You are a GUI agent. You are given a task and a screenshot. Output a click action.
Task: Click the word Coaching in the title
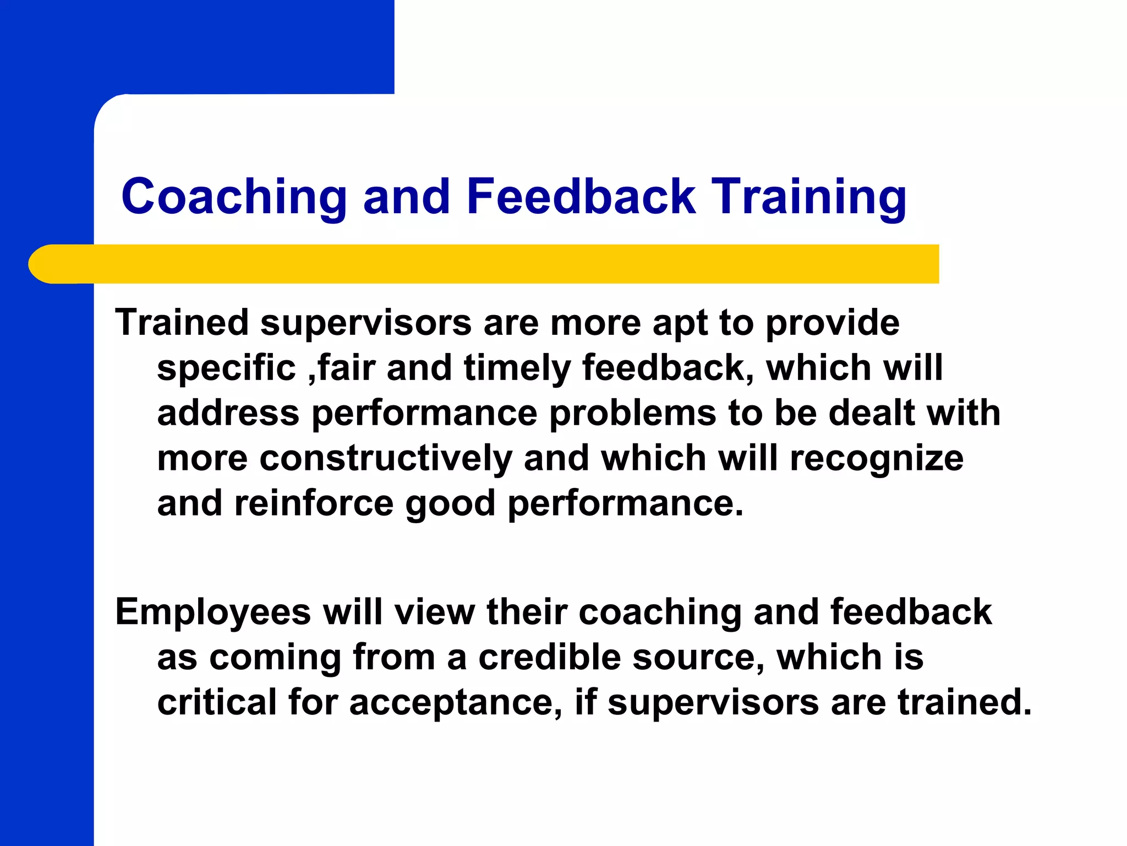(x=234, y=197)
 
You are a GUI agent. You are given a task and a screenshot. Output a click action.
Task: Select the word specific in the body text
(x=226, y=368)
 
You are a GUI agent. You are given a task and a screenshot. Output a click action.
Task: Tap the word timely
(x=517, y=368)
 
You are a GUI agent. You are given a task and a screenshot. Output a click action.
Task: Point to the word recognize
(x=877, y=459)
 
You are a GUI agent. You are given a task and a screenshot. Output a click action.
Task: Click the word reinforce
(x=314, y=504)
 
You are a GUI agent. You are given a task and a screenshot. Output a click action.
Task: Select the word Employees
(x=213, y=612)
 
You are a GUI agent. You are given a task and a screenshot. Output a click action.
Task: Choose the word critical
(x=217, y=703)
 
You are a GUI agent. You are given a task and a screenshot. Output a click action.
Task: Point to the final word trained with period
(x=965, y=703)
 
